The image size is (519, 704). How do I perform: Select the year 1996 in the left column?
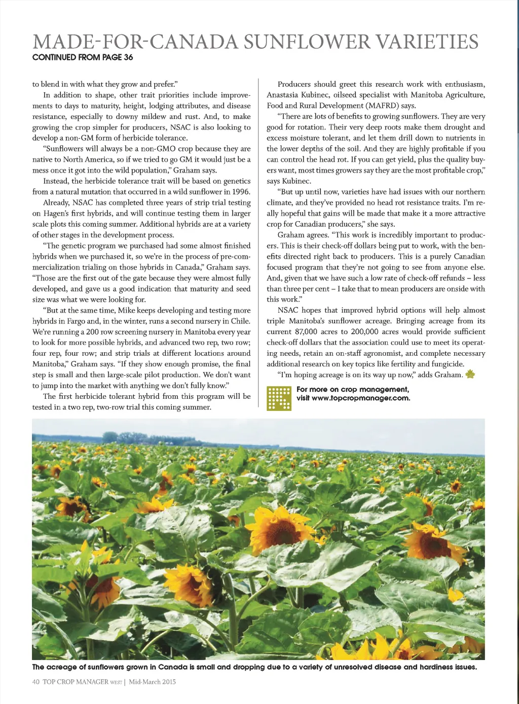pos(240,192)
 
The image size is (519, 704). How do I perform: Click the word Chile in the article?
pos(241,321)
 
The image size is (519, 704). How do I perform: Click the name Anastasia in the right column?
pos(287,95)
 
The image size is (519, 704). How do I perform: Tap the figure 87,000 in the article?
pos(313,332)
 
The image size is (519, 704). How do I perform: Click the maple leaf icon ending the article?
pos(470,375)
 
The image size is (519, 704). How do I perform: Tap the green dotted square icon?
pos(279,398)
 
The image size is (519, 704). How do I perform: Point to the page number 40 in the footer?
pos(36,682)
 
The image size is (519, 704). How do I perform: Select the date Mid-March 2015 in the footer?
pos(152,682)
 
